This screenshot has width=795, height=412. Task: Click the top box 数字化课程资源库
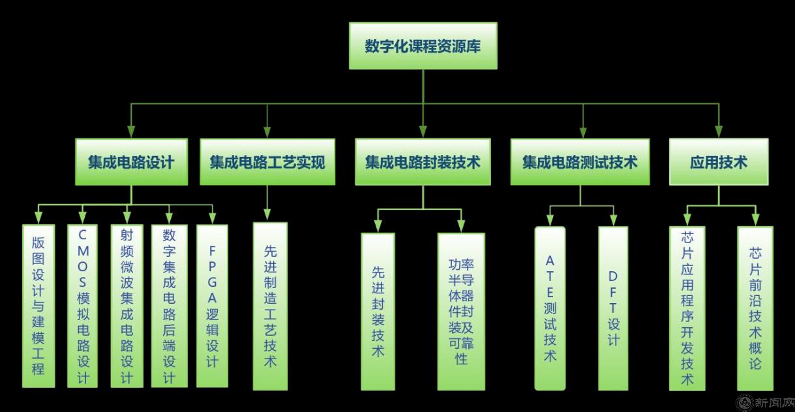point(423,46)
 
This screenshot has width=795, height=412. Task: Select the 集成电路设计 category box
point(131,162)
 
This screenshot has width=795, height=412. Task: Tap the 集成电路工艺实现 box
point(267,162)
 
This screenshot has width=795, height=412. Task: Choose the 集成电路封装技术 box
point(423,162)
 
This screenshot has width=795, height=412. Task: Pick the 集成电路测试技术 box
point(579,162)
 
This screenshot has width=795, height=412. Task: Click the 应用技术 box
point(718,162)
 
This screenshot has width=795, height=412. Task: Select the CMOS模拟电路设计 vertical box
point(82,306)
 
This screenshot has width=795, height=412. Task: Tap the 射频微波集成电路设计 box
point(127,306)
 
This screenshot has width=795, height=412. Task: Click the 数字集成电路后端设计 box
point(169,306)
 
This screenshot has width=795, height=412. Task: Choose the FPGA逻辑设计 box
point(212,306)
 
